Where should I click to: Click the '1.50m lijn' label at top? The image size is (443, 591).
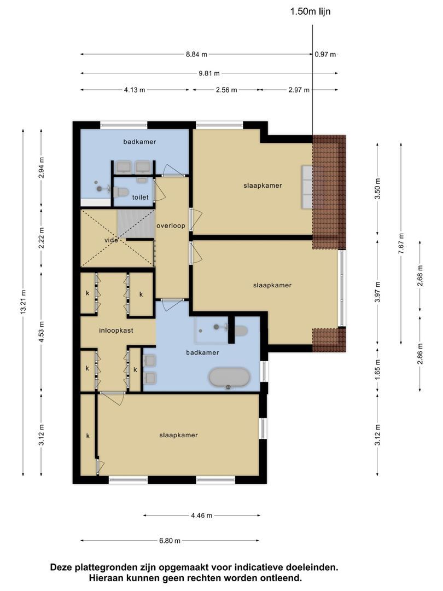[x=310, y=11]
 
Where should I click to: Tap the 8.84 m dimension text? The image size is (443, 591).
[x=196, y=54]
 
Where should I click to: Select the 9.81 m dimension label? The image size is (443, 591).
[x=209, y=73]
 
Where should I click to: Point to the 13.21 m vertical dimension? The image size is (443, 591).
[x=23, y=302]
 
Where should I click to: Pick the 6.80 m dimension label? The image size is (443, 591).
[x=170, y=541]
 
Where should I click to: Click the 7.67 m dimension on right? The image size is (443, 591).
[x=401, y=239]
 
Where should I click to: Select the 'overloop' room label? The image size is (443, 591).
[x=171, y=225]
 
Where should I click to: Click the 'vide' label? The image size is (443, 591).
[x=111, y=240]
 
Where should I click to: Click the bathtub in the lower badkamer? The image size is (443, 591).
[x=229, y=378]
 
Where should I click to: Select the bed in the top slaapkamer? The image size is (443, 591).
[x=307, y=186]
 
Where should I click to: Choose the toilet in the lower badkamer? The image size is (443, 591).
[x=240, y=330]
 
